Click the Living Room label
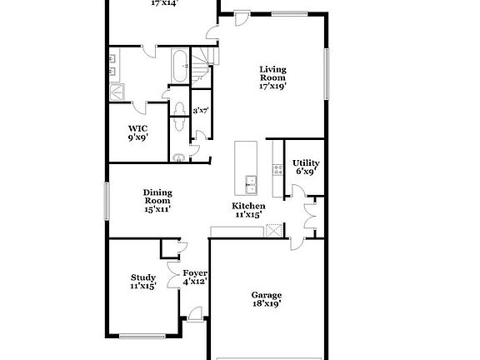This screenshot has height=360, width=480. click(x=273, y=73)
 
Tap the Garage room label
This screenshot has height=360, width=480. click(x=267, y=295)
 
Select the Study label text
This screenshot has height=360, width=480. click(x=142, y=278)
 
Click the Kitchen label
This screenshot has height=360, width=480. click(x=248, y=206)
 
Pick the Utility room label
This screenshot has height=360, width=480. click(x=307, y=163)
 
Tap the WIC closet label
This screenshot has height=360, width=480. click(x=137, y=128)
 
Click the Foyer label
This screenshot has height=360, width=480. click(x=195, y=273)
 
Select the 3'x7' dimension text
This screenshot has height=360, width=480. click(x=200, y=110)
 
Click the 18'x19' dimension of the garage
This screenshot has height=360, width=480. click(x=267, y=304)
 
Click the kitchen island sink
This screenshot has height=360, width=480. click(x=249, y=181)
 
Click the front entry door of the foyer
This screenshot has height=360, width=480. click(x=194, y=314)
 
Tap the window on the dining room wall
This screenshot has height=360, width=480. click(x=106, y=200)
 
